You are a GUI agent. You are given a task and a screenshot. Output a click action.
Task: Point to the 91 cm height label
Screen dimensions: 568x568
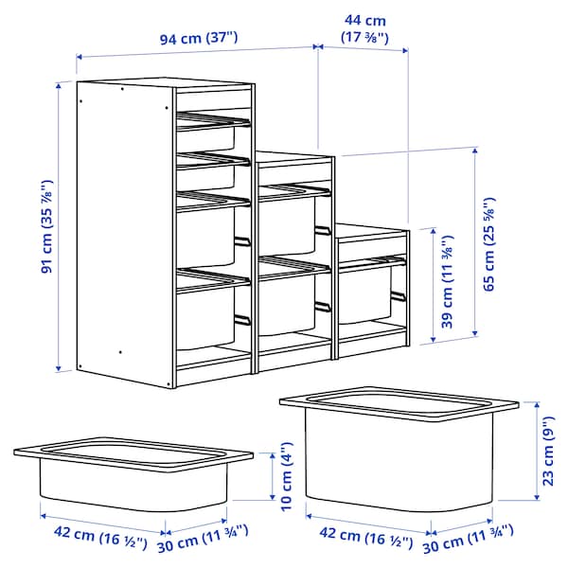point(46,227)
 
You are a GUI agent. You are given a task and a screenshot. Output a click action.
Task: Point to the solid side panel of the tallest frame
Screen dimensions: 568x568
point(124,232)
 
